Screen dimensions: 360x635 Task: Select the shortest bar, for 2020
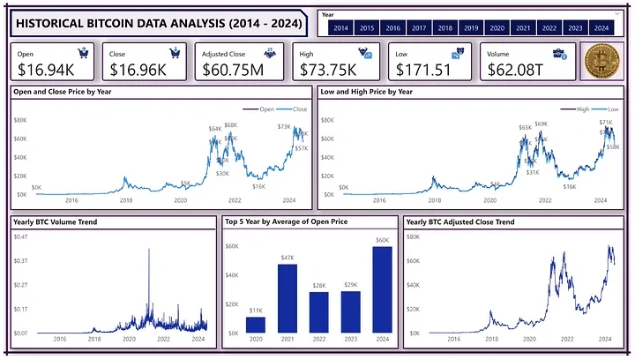[x=257, y=325]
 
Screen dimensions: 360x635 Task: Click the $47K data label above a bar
[x=288, y=257]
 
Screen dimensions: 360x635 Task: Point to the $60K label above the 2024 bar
[x=382, y=240]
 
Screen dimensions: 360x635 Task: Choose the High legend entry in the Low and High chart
[x=584, y=109]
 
